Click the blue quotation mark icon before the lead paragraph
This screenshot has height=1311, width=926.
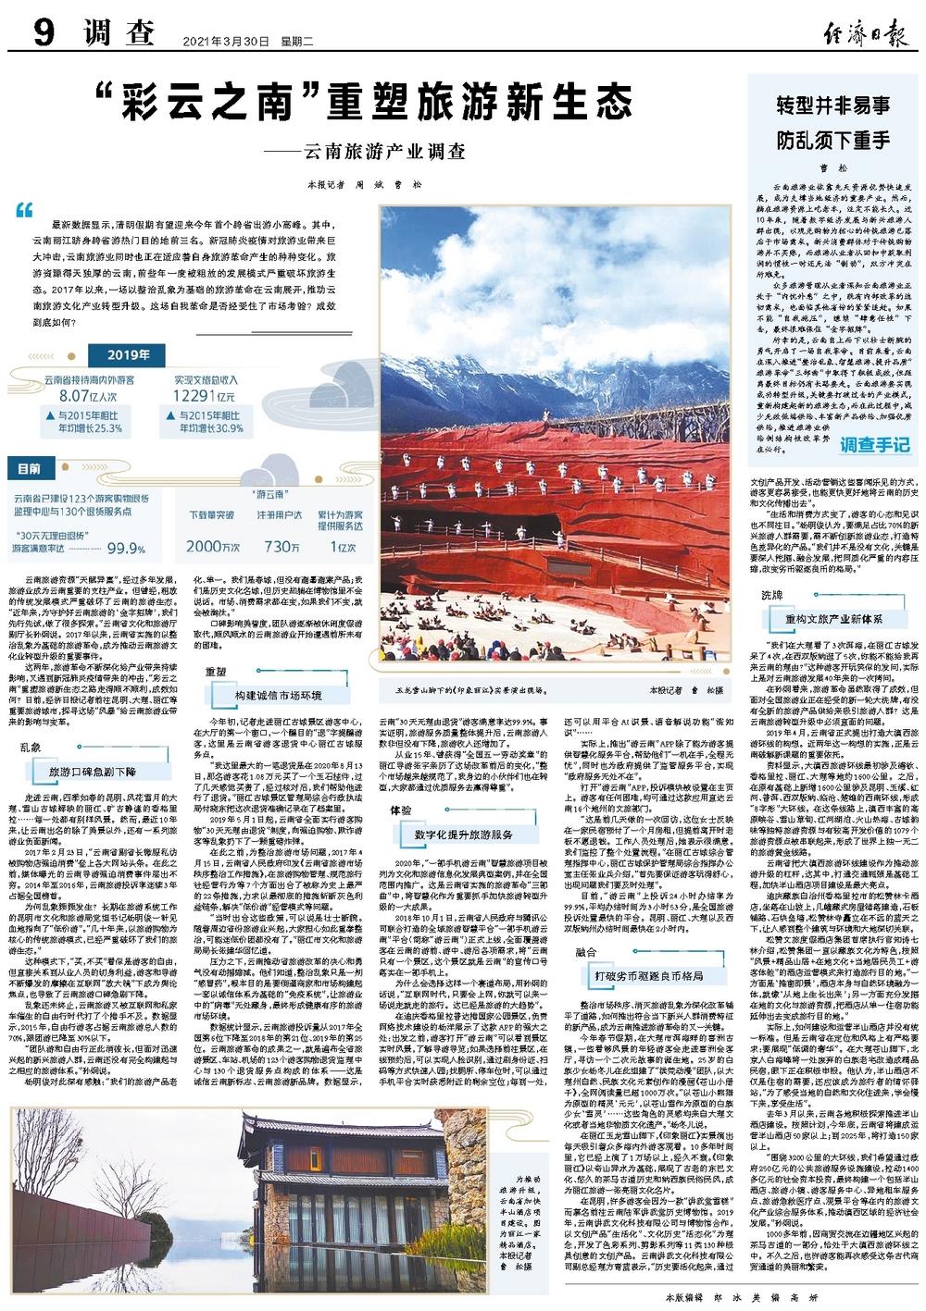pyautogui.click(x=24, y=211)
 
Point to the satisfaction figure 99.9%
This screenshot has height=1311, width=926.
pyautogui.click(x=128, y=550)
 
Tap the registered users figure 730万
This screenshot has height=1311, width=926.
pyautogui.click(x=282, y=547)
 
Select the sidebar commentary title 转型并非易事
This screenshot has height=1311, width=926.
pyautogui.click(x=833, y=105)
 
